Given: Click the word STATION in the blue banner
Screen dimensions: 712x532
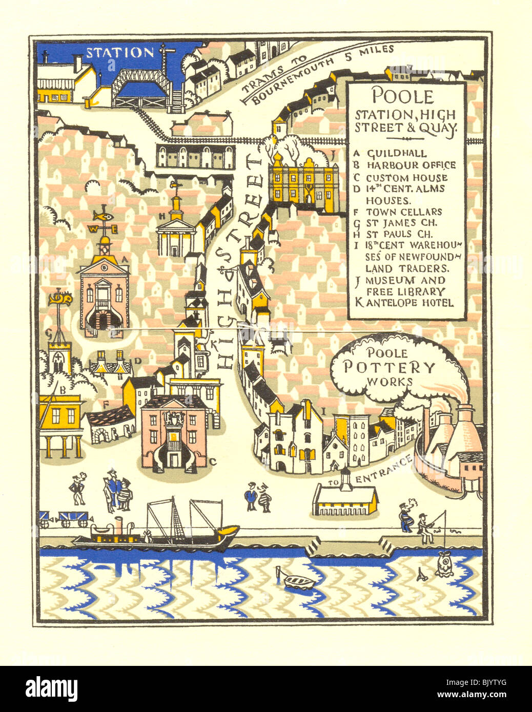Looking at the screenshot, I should [x=119, y=52].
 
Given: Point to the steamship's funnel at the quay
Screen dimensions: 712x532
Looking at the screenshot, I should [x=119, y=527].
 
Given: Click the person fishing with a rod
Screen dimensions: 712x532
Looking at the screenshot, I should [x=424, y=528].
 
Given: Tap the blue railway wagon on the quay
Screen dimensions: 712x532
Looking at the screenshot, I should [x=73, y=519].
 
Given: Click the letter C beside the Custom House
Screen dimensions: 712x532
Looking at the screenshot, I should [x=213, y=462].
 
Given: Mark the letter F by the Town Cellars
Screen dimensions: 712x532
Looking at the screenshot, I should [x=106, y=405].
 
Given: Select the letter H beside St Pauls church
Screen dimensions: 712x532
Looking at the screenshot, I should [x=161, y=216].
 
